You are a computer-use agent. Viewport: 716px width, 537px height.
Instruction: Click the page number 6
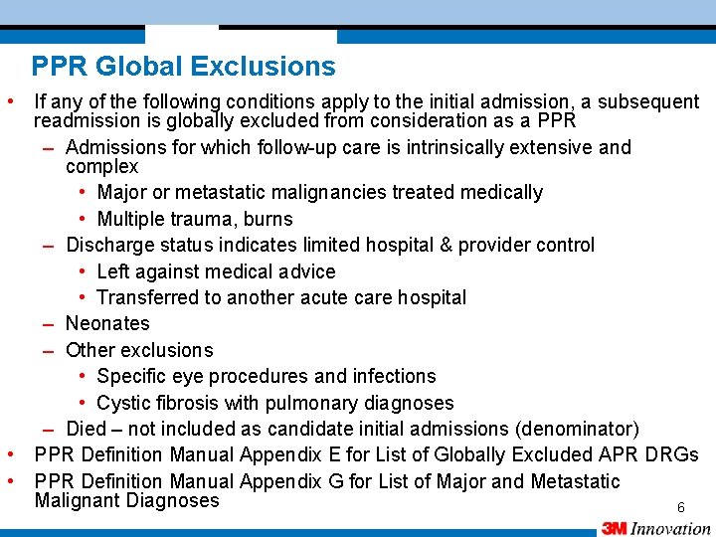click(681, 507)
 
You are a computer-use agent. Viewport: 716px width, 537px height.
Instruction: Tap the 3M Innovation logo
click(655, 528)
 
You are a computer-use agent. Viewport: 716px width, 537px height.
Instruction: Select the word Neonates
click(107, 323)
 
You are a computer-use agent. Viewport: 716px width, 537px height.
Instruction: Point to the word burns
click(267, 219)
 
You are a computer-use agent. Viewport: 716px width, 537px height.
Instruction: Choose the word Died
click(87, 429)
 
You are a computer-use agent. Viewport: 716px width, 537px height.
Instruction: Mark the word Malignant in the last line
click(78, 500)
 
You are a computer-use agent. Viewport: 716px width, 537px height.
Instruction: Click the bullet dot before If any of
click(9, 101)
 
